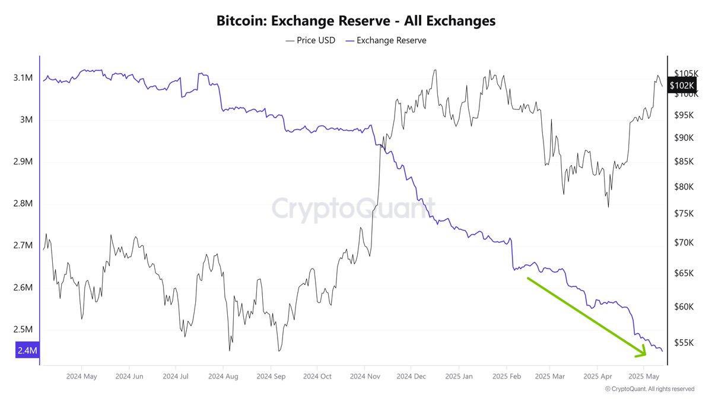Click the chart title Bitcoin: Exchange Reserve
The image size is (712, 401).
pyautogui.click(x=356, y=21)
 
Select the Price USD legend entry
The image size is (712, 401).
pyautogui.click(x=310, y=40)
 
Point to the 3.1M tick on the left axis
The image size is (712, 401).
pyautogui.click(x=24, y=78)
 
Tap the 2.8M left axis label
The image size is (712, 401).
pyautogui.click(x=24, y=204)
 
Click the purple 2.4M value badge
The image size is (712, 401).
pyautogui.click(x=26, y=351)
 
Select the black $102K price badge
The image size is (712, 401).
pyautogui.click(x=680, y=86)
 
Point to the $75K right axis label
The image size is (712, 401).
pyautogui.click(x=685, y=213)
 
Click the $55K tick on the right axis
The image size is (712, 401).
pyautogui.click(x=685, y=343)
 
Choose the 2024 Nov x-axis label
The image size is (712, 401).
pyautogui.click(x=365, y=376)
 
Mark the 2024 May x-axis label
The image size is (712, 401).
pyautogui.click(x=81, y=376)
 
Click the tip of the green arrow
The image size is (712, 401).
pyautogui.click(x=646, y=355)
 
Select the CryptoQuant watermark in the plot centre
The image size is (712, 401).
pyautogui.click(x=354, y=210)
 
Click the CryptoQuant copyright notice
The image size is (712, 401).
pyautogui.click(x=649, y=389)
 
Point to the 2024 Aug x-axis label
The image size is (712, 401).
pyautogui.click(x=224, y=376)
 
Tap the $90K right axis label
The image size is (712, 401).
pyautogui.click(x=685, y=138)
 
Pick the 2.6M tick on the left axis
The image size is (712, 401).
pyautogui.click(x=24, y=288)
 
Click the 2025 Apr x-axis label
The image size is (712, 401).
pyautogui.click(x=597, y=376)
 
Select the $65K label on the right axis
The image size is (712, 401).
pyautogui.click(x=685, y=273)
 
